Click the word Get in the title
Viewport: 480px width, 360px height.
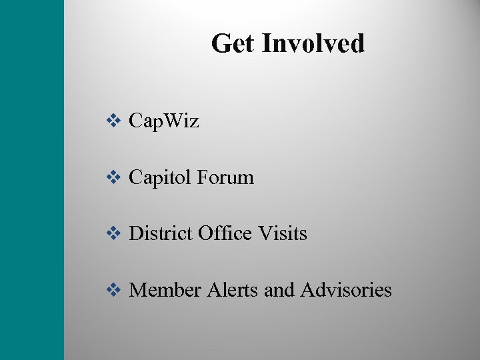click(x=233, y=44)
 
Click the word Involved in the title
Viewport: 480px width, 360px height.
click(x=313, y=44)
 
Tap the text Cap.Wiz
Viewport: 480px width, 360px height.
click(x=163, y=121)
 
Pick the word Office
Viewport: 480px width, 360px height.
click(x=224, y=233)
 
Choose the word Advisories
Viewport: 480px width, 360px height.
click(x=346, y=290)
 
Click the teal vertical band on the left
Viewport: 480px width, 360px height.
click(x=32, y=180)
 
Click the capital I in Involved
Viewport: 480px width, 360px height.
click(x=266, y=44)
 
